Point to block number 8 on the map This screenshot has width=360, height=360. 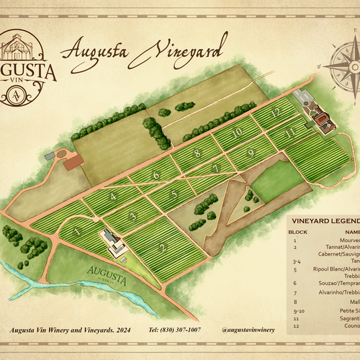196,153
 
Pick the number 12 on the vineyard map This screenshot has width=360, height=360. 274,113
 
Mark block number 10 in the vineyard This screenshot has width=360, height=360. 236,133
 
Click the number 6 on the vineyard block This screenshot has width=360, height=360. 154,175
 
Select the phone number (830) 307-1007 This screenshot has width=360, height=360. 174,330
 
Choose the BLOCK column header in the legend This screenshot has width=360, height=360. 297,233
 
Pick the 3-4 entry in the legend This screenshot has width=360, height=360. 295,261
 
